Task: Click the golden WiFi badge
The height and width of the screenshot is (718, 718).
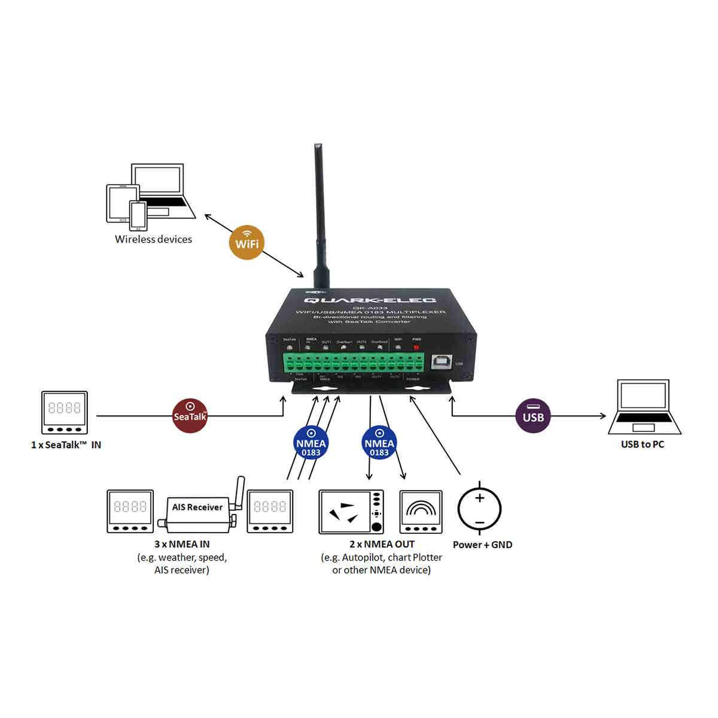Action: click(x=247, y=242)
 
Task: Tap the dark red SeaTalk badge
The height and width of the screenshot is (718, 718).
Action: click(x=190, y=416)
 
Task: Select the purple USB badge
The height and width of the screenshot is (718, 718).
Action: click(x=533, y=415)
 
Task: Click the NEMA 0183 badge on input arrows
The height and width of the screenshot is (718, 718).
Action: click(x=311, y=443)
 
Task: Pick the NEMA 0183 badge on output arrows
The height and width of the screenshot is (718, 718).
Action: click(x=379, y=443)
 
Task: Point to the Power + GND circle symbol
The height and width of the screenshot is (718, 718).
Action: click(x=479, y=509)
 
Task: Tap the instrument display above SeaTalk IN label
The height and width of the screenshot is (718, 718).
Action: click(x=64, y=412)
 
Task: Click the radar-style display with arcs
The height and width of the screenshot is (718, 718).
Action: click(x=421, y=512)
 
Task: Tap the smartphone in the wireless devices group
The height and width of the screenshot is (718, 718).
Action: click(x=138, y=215)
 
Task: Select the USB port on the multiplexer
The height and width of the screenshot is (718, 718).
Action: click(x=443, y=362)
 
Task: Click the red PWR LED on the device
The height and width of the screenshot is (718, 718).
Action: click(x=416, y=348)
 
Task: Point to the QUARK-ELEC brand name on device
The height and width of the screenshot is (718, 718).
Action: click(x=370, y=300)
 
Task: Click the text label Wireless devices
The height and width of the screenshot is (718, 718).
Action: click(x=153, y=239)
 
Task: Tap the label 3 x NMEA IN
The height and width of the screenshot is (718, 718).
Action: click(x=182, y=544)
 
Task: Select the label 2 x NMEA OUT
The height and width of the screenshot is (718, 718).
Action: click(x=382, y=544)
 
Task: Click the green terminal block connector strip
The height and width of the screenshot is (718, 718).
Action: click(x=354, y=363)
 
